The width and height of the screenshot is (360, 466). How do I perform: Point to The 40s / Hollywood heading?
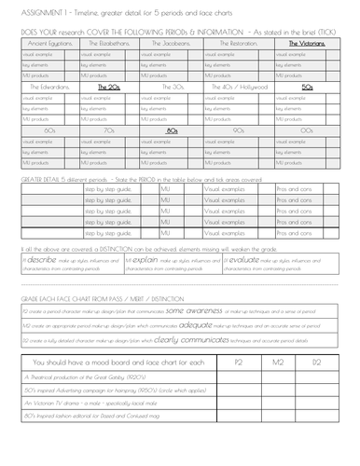(x=241, y=87)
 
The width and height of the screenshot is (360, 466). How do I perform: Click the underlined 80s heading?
(x=172, y=131)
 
